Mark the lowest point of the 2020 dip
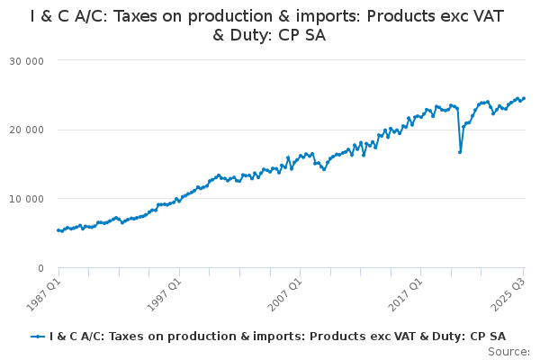(460, 152)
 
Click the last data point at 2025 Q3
(524, 98)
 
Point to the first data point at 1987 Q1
(58, 230)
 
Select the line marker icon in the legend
(38, 337)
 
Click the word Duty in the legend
(444, 337)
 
